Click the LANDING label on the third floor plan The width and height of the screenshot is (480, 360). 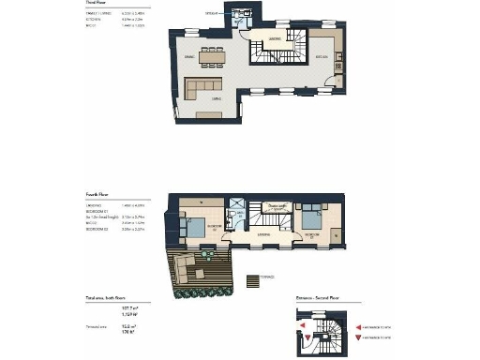(276, 38)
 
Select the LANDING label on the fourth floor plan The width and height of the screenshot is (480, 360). (265, 234)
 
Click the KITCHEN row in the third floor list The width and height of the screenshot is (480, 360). (94, 17)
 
